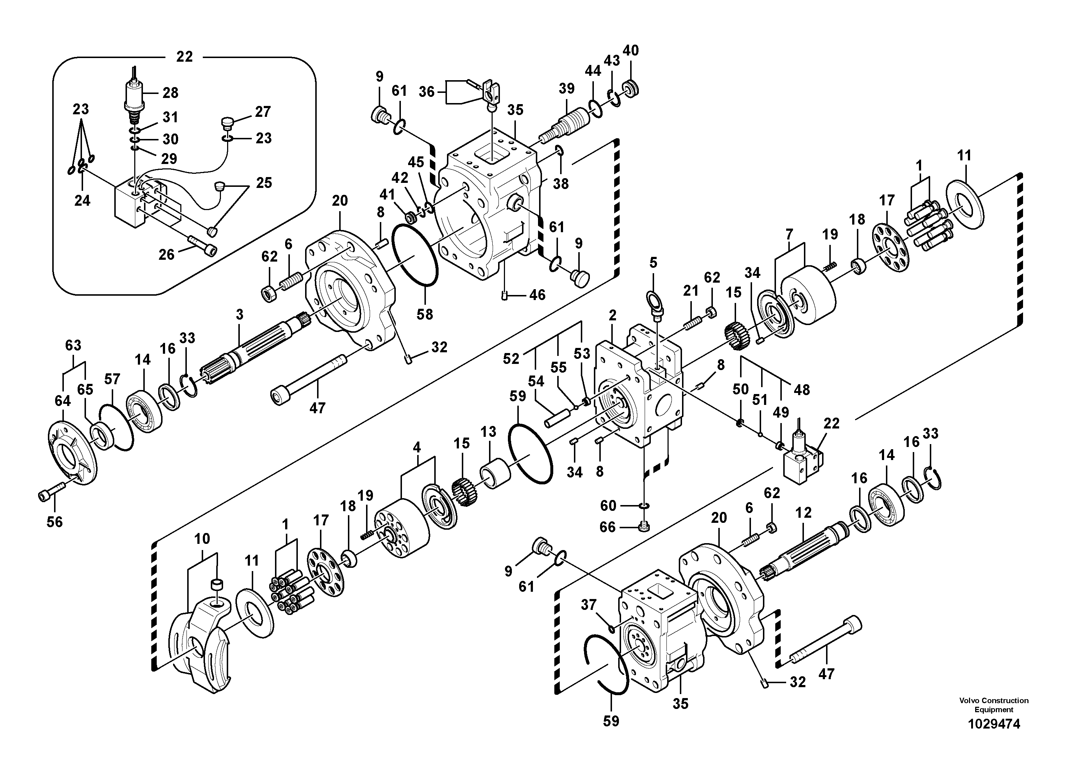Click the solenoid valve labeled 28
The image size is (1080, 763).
(x=134, y=98)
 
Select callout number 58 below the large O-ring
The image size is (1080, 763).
(x=424, y=314)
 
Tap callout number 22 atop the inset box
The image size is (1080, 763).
(x=184, y=57)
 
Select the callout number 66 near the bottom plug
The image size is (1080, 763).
(x=607, y=527)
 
